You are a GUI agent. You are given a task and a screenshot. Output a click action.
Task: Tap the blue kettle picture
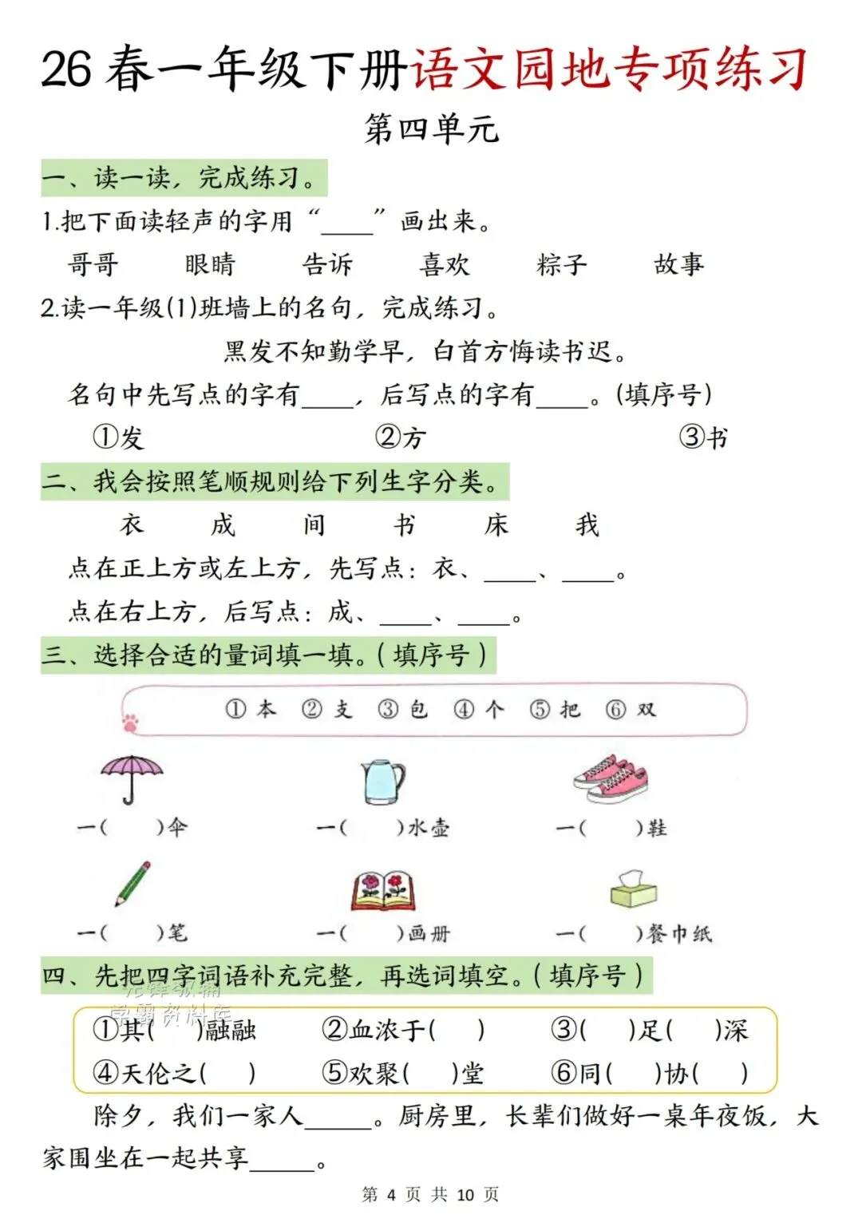[x=383, y=780]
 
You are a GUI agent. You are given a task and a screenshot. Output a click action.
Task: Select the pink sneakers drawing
[x=611, y=778]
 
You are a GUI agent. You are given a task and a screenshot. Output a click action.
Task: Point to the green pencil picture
[x=132, y=883]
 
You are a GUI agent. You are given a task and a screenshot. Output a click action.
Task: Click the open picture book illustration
[x=384, y=890]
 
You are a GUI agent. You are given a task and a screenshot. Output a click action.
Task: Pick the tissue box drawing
[x=634, y=889]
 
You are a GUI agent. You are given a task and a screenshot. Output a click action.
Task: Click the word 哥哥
[x=93, y=264]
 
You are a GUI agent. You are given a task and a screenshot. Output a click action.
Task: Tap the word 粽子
[x=562, y=264]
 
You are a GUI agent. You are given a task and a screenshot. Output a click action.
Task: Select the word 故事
[x=679, y=264]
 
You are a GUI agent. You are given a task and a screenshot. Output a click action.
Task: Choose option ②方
[x=401, y=437]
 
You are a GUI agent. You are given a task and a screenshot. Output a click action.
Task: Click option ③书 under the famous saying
[x=703, y=437]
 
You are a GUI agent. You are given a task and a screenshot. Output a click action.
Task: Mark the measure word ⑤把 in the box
[x=556, y=709]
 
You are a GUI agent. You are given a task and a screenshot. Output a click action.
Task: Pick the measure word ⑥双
[x=631, y=709]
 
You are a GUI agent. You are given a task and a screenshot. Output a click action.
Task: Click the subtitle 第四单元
[x=432, y=129]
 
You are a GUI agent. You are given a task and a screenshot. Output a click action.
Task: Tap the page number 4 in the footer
[x=391, y=1194]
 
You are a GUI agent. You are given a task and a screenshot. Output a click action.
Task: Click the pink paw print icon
[x=130, y=722]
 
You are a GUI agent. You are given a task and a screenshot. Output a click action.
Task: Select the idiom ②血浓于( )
[x=403, y=1030]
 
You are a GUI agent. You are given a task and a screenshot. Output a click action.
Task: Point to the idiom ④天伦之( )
[x=175, y=1073]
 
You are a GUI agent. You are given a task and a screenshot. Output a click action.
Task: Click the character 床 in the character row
[x=496, y=524]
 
